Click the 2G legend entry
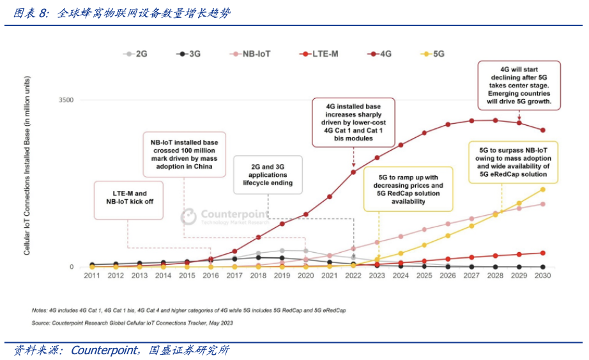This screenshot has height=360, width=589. point(135,54)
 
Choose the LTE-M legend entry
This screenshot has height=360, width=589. point(319,54)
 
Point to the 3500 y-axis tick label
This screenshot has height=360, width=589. point(66,100)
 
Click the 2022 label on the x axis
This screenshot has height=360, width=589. point(353,276)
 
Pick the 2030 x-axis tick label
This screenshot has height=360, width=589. point(542,276)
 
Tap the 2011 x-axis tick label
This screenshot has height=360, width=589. point(92,276)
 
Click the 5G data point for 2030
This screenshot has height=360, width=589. point(543,190)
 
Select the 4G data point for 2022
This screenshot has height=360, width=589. point(353,172)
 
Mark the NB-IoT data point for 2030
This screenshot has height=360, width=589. point(543,204)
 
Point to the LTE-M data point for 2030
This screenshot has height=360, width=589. point(543,253)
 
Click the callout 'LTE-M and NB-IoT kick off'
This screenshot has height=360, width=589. point(128,197)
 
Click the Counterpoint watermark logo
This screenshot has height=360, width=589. point(188,217)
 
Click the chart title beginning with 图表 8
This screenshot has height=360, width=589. point(122,13)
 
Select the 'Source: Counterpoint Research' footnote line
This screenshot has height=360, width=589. point(132,323)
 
